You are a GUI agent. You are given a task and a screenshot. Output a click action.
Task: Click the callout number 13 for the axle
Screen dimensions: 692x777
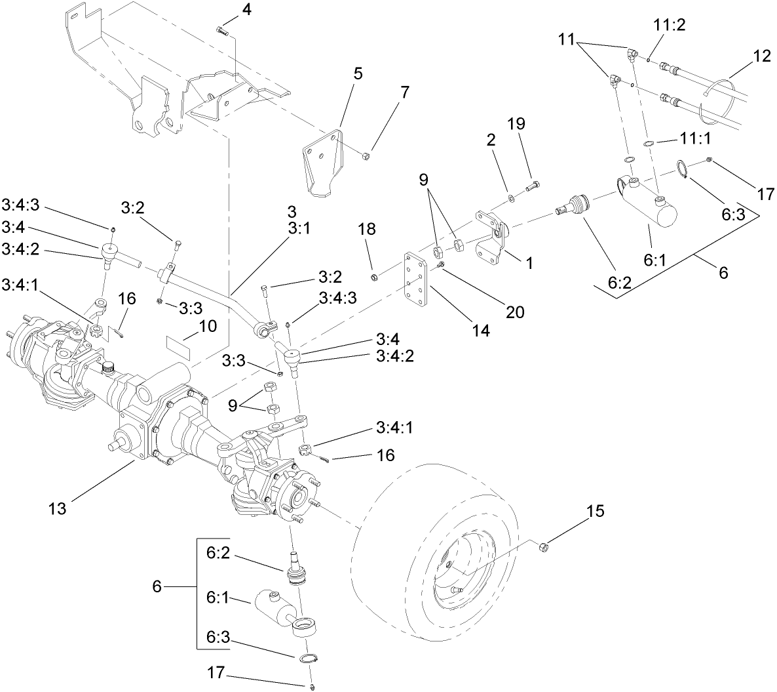click(57, 508)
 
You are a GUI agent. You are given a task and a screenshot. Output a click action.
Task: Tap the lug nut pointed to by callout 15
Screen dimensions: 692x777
click(542, 546)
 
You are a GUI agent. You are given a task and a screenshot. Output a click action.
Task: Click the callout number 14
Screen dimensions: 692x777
click(481, 332)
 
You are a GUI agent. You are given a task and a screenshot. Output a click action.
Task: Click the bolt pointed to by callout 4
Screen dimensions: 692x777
click(221, 30)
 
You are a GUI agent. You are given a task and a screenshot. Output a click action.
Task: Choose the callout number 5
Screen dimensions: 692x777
click(357, 73)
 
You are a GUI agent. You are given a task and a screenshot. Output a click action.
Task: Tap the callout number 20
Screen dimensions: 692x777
click(516, 312)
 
